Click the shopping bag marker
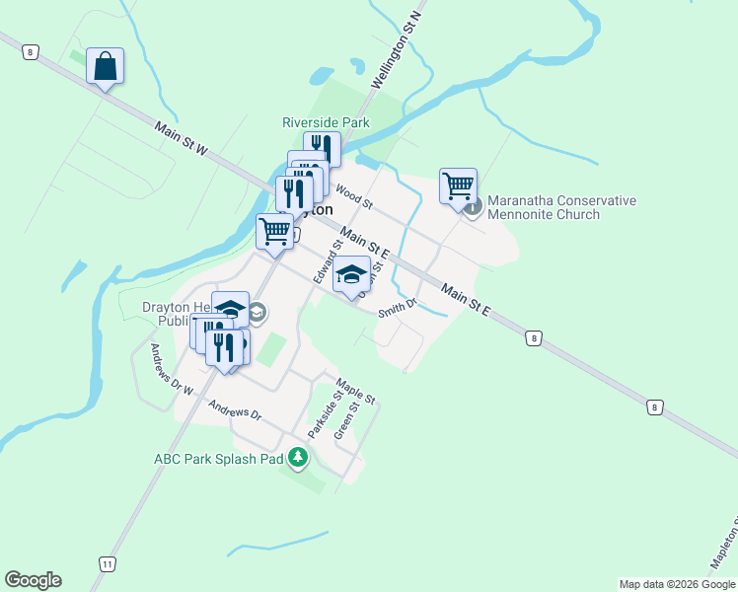pyautogui.click(x=105, y=67)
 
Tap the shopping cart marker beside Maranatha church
pyautogui.click(x=458, y=186)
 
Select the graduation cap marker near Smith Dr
pyautogui.click(x=351, y=275)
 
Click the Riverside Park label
pyautogui.click(x=326, y=122)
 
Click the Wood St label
pyautogui.click(x=353, y=196)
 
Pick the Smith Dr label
pyautogui.click(x=399, y=311)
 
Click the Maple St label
pyautogui.click(x=355, y=391)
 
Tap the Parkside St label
pyautogui.click(x=325, y=415)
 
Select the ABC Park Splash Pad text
pyautogui.click(x=218, y=459)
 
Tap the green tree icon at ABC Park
pyautogui.click(x=298, y=459)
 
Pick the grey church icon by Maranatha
pyautogui.click(x=474, y=207)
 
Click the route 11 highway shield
pyautogui.click(x=107, y=562)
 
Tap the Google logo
pyautogui.click(x=33, y=580)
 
